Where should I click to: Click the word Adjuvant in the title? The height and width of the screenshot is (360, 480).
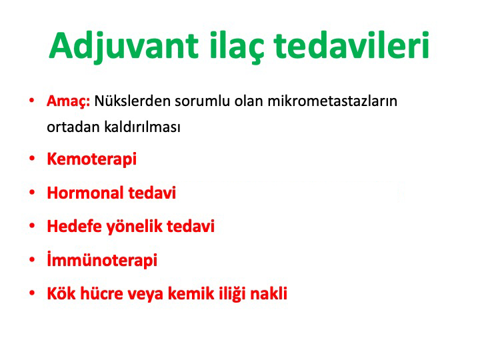124,47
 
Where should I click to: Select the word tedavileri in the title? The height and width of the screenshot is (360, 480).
351,45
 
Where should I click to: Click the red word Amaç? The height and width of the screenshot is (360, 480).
68,101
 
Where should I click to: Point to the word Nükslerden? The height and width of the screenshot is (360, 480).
132,101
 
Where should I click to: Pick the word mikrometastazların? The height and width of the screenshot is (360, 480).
333,101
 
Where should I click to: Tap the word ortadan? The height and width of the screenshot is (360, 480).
73,127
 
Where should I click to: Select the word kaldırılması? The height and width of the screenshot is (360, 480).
143,127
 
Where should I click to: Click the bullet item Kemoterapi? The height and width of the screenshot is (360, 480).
91,159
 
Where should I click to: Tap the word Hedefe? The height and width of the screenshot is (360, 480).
75,226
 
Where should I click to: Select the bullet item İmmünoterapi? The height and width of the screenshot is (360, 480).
102,260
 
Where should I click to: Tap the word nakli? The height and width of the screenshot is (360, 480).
269,293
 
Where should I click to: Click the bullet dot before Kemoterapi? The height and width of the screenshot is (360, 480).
32,158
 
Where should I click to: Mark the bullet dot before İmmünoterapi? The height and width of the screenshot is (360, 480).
32,259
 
